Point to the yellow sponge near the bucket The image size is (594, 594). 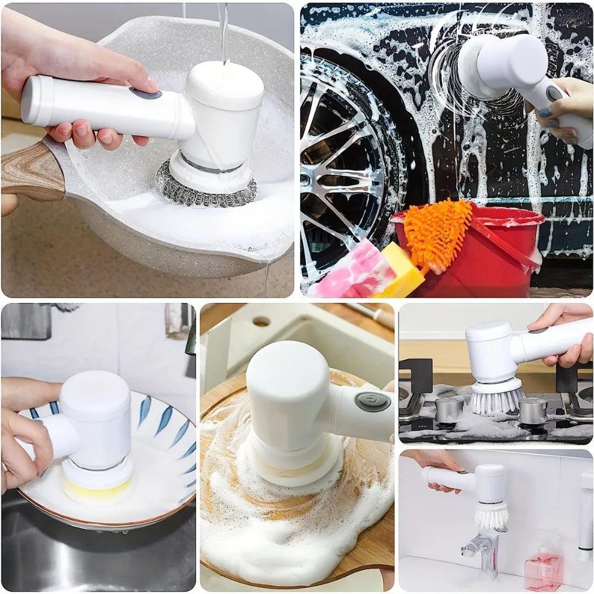click(404, 270)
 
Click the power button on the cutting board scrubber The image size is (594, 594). click(372, 402)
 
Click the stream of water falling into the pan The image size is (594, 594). click(223, 33)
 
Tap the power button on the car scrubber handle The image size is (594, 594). click(555, 94)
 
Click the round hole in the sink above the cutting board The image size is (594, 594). click(261, 321)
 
